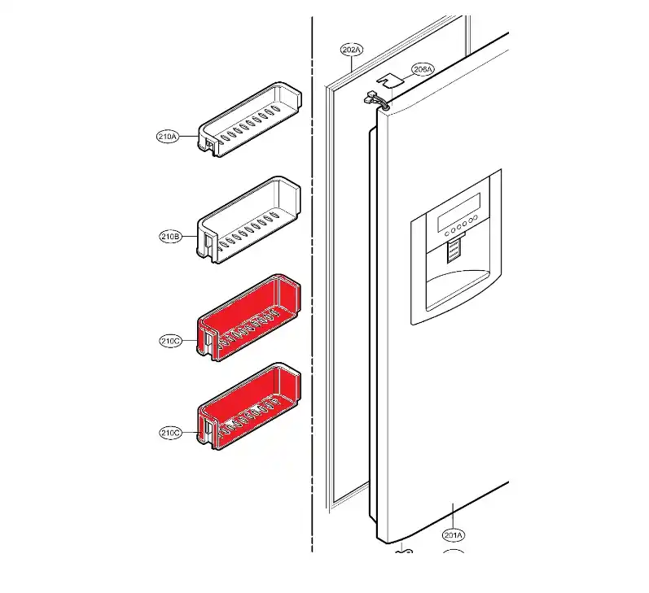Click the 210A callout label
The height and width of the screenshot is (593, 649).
[168, 137]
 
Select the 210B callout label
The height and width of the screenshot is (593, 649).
[170, 237]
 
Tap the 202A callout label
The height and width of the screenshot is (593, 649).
[352, 50]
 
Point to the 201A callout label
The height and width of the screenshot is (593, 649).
[454, 535]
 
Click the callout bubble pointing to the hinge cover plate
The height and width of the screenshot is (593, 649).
[423, 69]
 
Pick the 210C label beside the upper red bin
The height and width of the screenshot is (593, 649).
[170, 341]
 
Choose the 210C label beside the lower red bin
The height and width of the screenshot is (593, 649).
[170, 433]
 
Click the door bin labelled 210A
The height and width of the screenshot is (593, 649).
[250, 120]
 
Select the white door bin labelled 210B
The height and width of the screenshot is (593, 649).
[248, 219]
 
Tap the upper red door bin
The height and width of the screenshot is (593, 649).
[248, 317]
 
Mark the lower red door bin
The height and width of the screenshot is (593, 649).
[248, 407]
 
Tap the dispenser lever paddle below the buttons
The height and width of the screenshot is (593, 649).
[454, 251]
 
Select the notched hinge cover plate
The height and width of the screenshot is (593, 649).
[389, 80]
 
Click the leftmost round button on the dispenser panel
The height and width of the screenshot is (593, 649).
[447, 234]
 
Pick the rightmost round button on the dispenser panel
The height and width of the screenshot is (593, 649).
[476, 218]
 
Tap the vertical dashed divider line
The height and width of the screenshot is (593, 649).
[312, 284]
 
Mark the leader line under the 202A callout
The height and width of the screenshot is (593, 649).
[352, 65]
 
